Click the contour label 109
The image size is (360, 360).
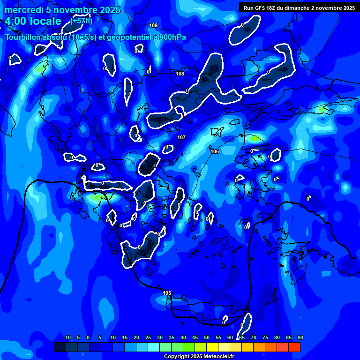coord(153,25)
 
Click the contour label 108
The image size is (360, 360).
coord(180,74)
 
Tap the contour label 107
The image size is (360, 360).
coord(182,137)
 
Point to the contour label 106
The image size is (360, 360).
coord(215,151)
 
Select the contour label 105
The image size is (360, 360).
coord(167,293)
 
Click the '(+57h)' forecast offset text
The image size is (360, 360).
coord(82,21)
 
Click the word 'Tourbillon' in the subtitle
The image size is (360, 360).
coord(24,37)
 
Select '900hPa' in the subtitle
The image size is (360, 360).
coord(171,37)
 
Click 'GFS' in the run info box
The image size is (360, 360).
coord(260,8)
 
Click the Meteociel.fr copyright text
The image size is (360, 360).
coord(199,356)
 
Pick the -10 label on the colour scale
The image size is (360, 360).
coord(67,337)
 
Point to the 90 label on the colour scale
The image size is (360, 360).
coord(300,337)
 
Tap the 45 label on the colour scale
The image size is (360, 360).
coord(195,337)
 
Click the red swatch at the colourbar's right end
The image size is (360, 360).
coord(294,347)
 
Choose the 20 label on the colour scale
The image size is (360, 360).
coord(136,337)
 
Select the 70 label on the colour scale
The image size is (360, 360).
coord(254,337)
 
